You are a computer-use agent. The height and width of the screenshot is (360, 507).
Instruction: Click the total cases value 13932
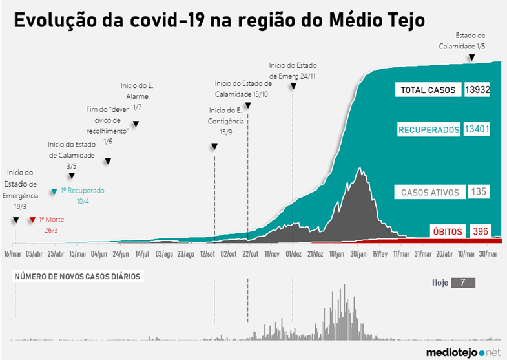click(x=477, y=90)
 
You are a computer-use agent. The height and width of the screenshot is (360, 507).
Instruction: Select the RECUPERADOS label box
click(x=429, y=130)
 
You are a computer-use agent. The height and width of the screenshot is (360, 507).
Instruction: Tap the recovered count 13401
click(x=477, y=129)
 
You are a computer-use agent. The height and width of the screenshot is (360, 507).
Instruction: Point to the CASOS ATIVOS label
click(x=429, y=192)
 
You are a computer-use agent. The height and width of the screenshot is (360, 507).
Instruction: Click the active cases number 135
click(x=479, y=191)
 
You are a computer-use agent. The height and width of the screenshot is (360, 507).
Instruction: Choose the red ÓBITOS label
click(x=448, y=231)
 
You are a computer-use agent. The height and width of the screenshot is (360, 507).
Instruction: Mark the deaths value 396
click(x=480, y=231)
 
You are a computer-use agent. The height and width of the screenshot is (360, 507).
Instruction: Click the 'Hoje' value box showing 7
click(x=463, y=282)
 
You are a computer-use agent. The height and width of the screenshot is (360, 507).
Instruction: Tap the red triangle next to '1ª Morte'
click(x=32, y=220)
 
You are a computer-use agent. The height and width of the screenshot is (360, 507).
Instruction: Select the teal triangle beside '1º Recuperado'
click(x=54, y=191)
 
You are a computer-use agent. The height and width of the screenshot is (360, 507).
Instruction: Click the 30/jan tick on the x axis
click(x=358, y=254)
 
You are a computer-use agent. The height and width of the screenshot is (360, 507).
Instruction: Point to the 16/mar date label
click(x=13, y=254)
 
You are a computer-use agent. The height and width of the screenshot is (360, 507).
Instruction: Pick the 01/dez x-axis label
click(x=293, y=254)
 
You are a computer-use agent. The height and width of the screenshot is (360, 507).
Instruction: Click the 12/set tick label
click(x=207, y=254)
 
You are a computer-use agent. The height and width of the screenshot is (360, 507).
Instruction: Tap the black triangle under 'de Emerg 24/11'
click(x=293, y=86)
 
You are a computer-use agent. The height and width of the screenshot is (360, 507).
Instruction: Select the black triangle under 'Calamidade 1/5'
click(x=471, y=58)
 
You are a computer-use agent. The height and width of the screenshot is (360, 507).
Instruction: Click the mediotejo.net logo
click(x=463, y=352)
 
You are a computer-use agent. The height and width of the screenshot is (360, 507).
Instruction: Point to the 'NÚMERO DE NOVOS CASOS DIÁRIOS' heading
click(x=78, y=277)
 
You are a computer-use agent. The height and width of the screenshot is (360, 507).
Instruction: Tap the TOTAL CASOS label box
click(x=428, y=90)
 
